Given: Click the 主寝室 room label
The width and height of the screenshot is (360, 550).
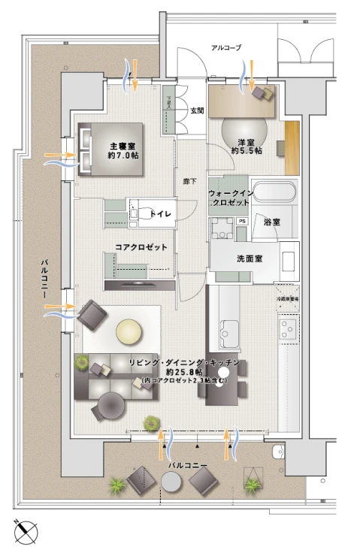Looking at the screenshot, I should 123,145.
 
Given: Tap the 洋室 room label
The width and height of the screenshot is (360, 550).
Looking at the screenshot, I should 246,141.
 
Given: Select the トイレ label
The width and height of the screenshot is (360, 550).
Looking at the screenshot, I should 162,214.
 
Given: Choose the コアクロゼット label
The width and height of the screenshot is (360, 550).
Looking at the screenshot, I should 141,247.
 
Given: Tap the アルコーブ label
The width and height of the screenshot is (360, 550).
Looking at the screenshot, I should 226,47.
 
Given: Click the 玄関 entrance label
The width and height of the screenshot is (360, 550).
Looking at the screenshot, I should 197,110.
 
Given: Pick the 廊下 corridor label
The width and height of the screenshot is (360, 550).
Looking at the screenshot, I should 190,181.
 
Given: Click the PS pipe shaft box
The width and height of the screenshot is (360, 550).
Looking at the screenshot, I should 242,222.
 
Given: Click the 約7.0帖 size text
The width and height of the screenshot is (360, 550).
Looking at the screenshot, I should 123,156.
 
